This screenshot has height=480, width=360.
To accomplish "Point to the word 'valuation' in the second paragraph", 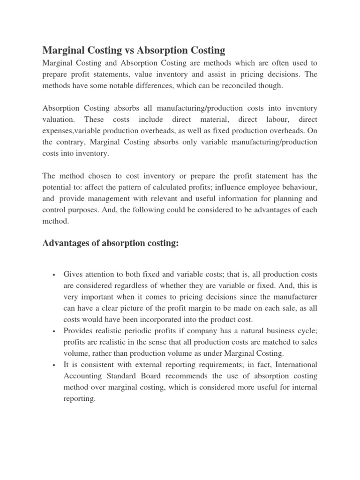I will tap(60, 120).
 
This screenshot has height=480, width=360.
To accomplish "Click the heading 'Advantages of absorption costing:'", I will tap(111, 244).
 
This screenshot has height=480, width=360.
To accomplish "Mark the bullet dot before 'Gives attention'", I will tap(55, 274).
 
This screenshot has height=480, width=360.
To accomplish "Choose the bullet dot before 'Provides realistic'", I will tap(55, 331).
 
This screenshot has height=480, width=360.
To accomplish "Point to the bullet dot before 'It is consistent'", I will tap(55, 365).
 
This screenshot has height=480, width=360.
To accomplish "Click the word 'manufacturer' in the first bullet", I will tap(295, 297).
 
